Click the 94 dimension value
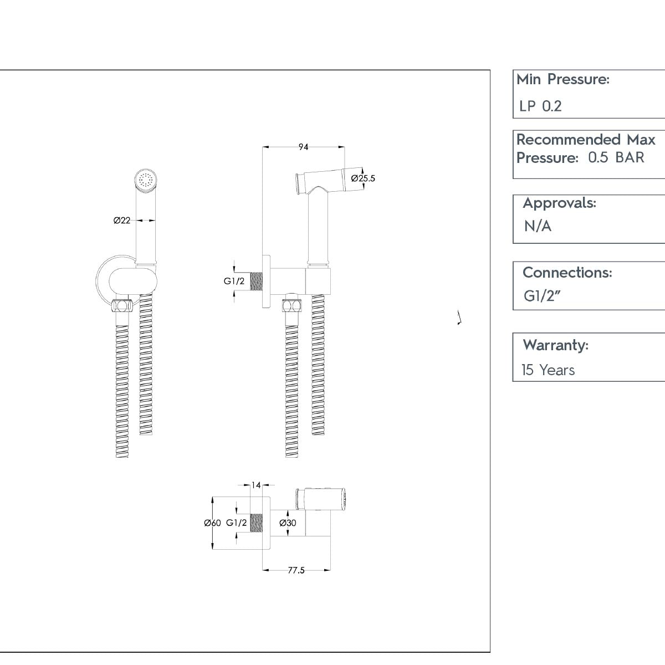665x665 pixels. [303, 147]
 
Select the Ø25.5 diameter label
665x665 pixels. [364, 178]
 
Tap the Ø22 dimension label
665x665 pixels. [122, 220]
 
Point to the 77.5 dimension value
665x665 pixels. [296, 570]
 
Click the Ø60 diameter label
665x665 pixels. [212, 523]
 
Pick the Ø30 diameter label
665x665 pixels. [288, 523]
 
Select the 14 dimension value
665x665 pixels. [256, 485]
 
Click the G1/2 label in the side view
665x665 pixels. [234, 281]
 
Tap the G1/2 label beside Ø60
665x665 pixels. [237, 523]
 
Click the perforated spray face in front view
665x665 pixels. [147, 180]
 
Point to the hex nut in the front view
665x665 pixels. [122, 305]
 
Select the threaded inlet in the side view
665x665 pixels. [256, 281]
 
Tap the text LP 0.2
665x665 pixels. [540, 106]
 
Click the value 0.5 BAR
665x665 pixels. [616, 157]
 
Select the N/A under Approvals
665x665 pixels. [538, 226]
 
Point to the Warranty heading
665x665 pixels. [555, 345]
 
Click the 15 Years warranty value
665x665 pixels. [548, 370]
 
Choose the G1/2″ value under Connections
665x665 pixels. [543, 296]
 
